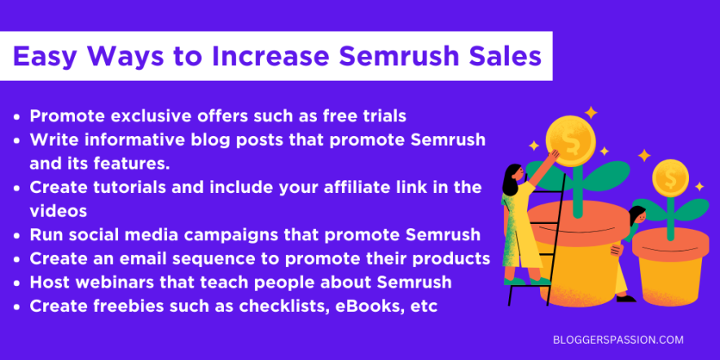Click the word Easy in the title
click(x=47, y=56)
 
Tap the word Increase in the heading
click(x=257, y=56)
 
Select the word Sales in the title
click(x=503, y=56)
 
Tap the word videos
click(x=59, y=211)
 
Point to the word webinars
click(x=112, y=283)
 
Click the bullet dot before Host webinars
click(x=18, y=283)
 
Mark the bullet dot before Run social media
click(x=18, y=236)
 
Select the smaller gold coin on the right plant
click(x=670, y=176)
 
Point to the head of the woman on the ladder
click(x=514, y=173)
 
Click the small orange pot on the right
click(x=670, y=261)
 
